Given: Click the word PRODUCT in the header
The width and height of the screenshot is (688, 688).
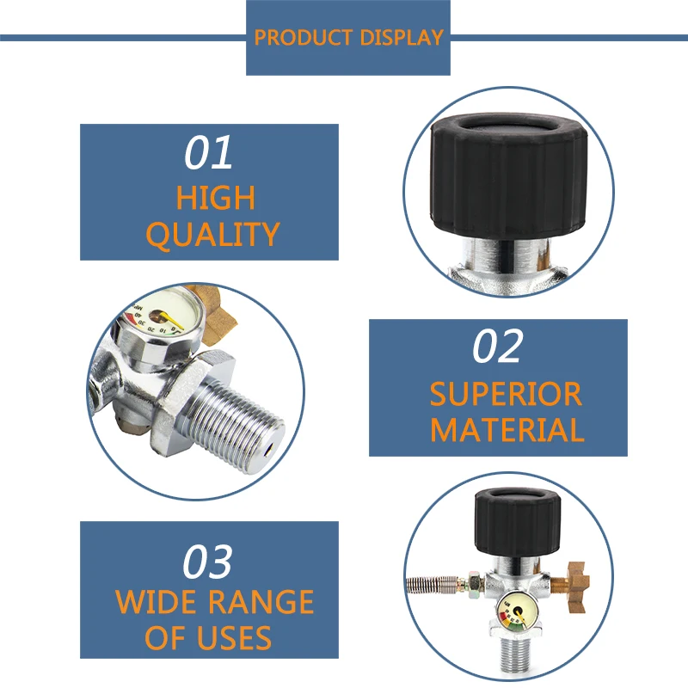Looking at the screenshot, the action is tap(304, 37).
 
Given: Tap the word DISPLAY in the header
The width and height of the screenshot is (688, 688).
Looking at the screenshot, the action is tap(402, 37).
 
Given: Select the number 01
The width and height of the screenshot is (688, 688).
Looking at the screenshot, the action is tap(208, 152).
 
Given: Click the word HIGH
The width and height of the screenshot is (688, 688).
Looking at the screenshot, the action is tap(216, 198).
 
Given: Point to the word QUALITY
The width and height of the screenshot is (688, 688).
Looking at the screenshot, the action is tap(212, 235).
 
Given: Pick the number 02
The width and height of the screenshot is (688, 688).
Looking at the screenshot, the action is tap(498, 347).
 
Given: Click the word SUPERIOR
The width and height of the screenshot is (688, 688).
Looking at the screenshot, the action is tap(506, 394).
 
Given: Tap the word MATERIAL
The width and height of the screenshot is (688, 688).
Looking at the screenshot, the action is tap(507, 430).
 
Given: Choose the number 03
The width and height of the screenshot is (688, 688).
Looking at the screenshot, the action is tap(207, 562).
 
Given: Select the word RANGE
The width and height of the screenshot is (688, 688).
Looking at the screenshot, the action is tap(261, 601).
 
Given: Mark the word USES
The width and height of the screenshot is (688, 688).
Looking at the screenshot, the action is tap(234, 637).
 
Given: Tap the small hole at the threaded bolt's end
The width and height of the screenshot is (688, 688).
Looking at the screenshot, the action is tap(268, 449).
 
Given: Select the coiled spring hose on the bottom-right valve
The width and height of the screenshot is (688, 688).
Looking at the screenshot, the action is tap(433, 585).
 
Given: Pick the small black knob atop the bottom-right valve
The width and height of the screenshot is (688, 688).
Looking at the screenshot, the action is tap(518, 522).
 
